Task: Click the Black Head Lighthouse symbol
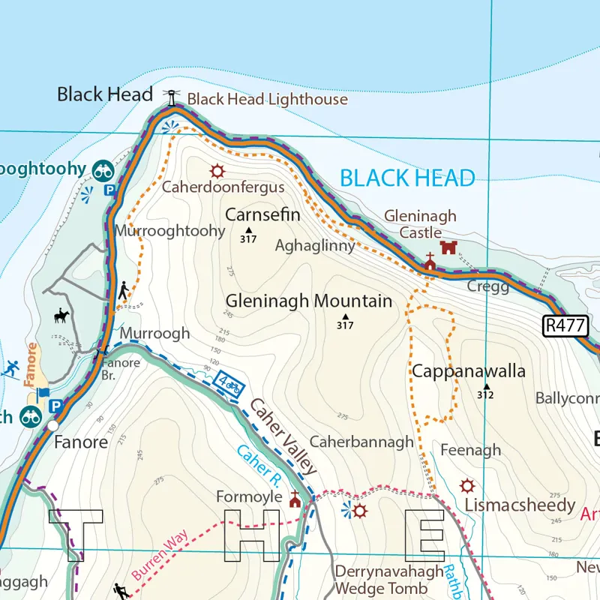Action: point(173,97)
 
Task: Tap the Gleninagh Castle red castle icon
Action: point(448,247)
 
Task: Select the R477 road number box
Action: point(566,325)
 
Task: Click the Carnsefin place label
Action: point(262,215)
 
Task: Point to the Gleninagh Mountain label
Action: point(309,301)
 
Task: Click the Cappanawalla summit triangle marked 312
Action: point(486,386)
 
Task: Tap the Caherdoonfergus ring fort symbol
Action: point(217,170)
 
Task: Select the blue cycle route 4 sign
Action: point(229,385)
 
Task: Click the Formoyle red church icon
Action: point(295,499)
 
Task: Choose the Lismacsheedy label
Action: point(520,505)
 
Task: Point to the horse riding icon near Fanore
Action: point(61,316)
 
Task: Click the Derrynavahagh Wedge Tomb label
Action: point(389,580)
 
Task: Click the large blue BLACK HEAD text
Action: point(407,178)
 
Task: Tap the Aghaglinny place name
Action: point(315,245)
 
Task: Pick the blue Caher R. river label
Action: point(258,464)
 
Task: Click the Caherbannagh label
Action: point(361,442)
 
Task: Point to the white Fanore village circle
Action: point(52,425)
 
